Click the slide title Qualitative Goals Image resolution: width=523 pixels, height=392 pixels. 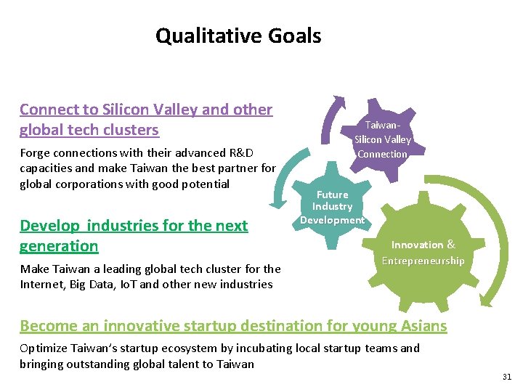(x=238, y=36)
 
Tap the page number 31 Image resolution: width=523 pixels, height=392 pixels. (x=506, y=376)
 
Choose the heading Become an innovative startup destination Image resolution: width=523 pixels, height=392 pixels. (x=233, y=326)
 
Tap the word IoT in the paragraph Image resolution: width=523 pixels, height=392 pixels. (x=128, y=284)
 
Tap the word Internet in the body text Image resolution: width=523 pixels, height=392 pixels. (x=41, y=284)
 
